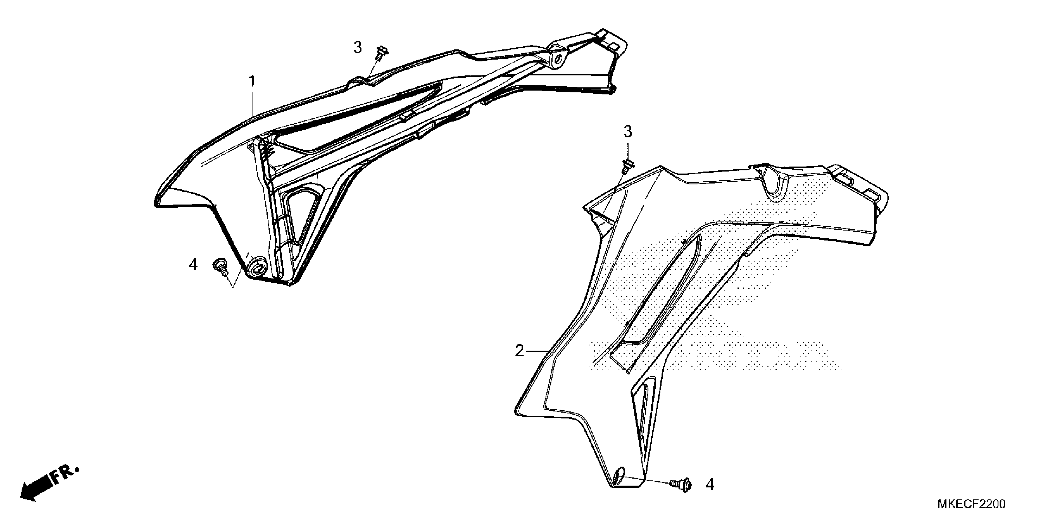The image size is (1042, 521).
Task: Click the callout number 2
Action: click(519, 351)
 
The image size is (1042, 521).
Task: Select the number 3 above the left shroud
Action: click(358, 48)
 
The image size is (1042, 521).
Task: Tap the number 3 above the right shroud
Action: click(627, 131)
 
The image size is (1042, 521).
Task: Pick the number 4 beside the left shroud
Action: click(193, 265)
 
